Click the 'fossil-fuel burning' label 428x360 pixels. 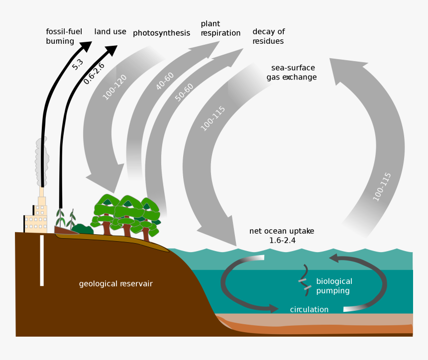click(60, 36)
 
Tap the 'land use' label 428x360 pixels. click(110, 32)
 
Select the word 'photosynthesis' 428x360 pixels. click(161, 33)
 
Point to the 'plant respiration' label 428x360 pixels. click(220, 28)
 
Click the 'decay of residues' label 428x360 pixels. click(268, 36)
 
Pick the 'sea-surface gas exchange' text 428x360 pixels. click(294, 73)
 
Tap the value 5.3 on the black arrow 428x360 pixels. click(78, 64)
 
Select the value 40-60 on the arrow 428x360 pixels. click(165, 81)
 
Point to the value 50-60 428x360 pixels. click(184, 92)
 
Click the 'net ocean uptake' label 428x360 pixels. click(282, 231)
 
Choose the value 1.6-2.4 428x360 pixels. click(282, 241)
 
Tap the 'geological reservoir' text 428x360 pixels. click(116, 284)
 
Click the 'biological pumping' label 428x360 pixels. click(333, 286)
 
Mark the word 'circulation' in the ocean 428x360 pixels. click(309, 309)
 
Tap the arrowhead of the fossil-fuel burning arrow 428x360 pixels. click(86, 46)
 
